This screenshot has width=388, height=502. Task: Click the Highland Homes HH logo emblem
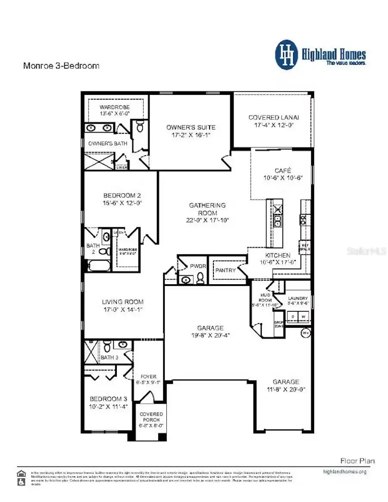[287, 55]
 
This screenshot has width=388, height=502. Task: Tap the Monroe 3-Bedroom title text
[61, 66]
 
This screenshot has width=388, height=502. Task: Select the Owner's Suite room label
[191, 127]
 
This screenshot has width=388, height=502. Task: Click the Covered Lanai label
[273, 117]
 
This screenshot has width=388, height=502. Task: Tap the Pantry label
[225, 270]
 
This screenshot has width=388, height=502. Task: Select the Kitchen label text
[278, 255]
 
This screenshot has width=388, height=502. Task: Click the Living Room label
[122, 302]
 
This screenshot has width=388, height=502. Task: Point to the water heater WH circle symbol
[305, 333]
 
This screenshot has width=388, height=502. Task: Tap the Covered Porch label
[151, 417]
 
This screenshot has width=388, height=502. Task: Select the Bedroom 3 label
[109, 399]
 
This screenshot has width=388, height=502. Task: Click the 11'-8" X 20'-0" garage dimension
[285, 389]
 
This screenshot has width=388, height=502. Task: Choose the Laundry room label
[298, 298]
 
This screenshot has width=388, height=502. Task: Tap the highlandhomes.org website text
[344, 472]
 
